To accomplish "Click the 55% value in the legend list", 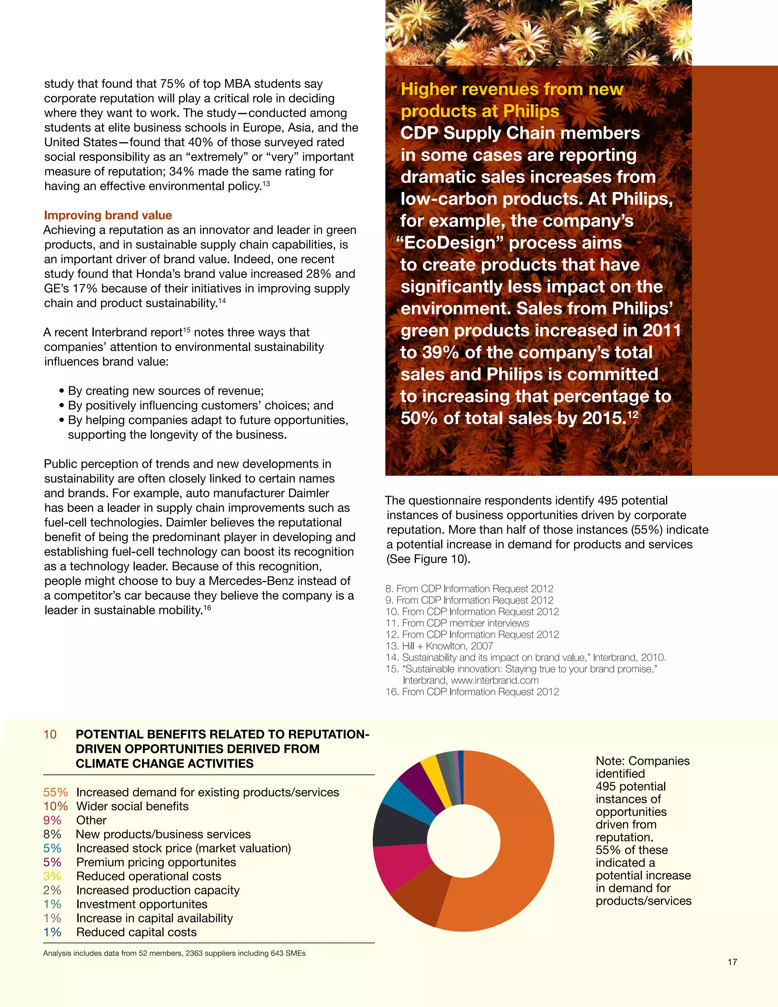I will (x=55, y=792).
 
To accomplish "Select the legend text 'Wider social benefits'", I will (x=132, y=806).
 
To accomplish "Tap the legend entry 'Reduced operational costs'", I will (x=149, y=876).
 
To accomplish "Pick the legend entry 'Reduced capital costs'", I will (x=136, y=932).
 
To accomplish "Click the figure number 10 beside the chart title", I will (x=50, y=734).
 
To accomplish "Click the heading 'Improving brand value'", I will (x=108, y=215).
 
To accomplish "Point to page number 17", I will (x=732, y=962).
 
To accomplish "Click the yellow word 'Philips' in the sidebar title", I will (x=531, y=111).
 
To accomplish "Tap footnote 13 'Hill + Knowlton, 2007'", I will (x=439, y=646).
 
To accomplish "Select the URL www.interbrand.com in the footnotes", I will (x=494, y=680).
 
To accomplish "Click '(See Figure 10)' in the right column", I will (x=428, y=559).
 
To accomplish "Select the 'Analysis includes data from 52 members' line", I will (x=174, y=953).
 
